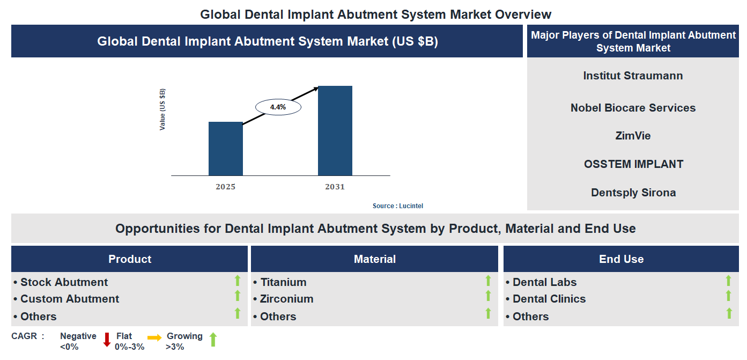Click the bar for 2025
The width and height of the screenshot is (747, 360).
click(225, 149)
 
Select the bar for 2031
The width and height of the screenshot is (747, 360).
click(335, 130)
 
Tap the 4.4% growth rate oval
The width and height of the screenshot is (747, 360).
click(278, 107)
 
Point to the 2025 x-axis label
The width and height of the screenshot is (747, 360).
click(225, 187)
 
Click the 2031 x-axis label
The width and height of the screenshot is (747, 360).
click(335, 187)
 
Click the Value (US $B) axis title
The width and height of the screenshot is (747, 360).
click(162, 109)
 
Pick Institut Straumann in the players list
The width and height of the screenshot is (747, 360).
click(633, 76)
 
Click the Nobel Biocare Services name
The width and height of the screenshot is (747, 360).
click(633, 108)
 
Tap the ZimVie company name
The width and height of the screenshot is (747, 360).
click(633, 136)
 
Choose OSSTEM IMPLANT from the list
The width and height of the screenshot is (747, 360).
click(633, 164)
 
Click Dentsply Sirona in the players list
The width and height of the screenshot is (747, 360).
click(633, 193)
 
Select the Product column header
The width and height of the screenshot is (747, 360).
click(130, 259)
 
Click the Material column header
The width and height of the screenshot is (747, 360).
click(374, 259)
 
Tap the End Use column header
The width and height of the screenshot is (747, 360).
click(621, 259)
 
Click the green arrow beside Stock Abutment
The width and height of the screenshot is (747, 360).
click(237, 280)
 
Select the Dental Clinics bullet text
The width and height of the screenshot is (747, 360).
click(549, 299)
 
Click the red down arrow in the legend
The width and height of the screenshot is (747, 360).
click(107, 340)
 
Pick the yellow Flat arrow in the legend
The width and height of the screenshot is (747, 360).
click(154, 337)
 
